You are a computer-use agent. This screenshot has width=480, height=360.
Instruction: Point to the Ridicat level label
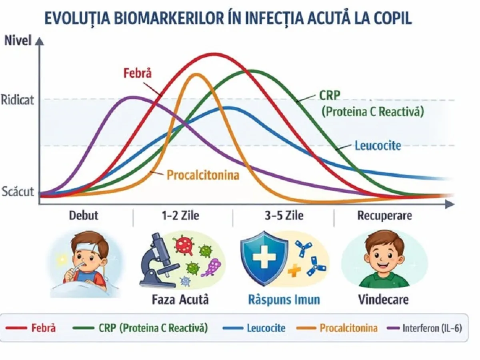pos(18,99)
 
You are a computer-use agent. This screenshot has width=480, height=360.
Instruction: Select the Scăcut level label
pos(18,191)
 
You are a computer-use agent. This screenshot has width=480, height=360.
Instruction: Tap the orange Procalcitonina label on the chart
pos(203,175)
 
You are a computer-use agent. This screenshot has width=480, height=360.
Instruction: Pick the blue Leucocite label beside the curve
pos(378,145)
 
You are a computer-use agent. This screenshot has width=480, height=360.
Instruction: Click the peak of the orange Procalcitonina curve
pos(196,74)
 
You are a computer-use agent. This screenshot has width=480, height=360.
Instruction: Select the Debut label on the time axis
pos(84,216)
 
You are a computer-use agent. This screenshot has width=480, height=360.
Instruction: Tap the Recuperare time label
pos(384,216)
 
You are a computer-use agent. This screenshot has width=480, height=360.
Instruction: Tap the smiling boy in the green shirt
pos(383,260)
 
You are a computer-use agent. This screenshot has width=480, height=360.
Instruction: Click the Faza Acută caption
pos(180,300)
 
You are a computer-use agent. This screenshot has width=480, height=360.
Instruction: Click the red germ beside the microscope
pos(184,245)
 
